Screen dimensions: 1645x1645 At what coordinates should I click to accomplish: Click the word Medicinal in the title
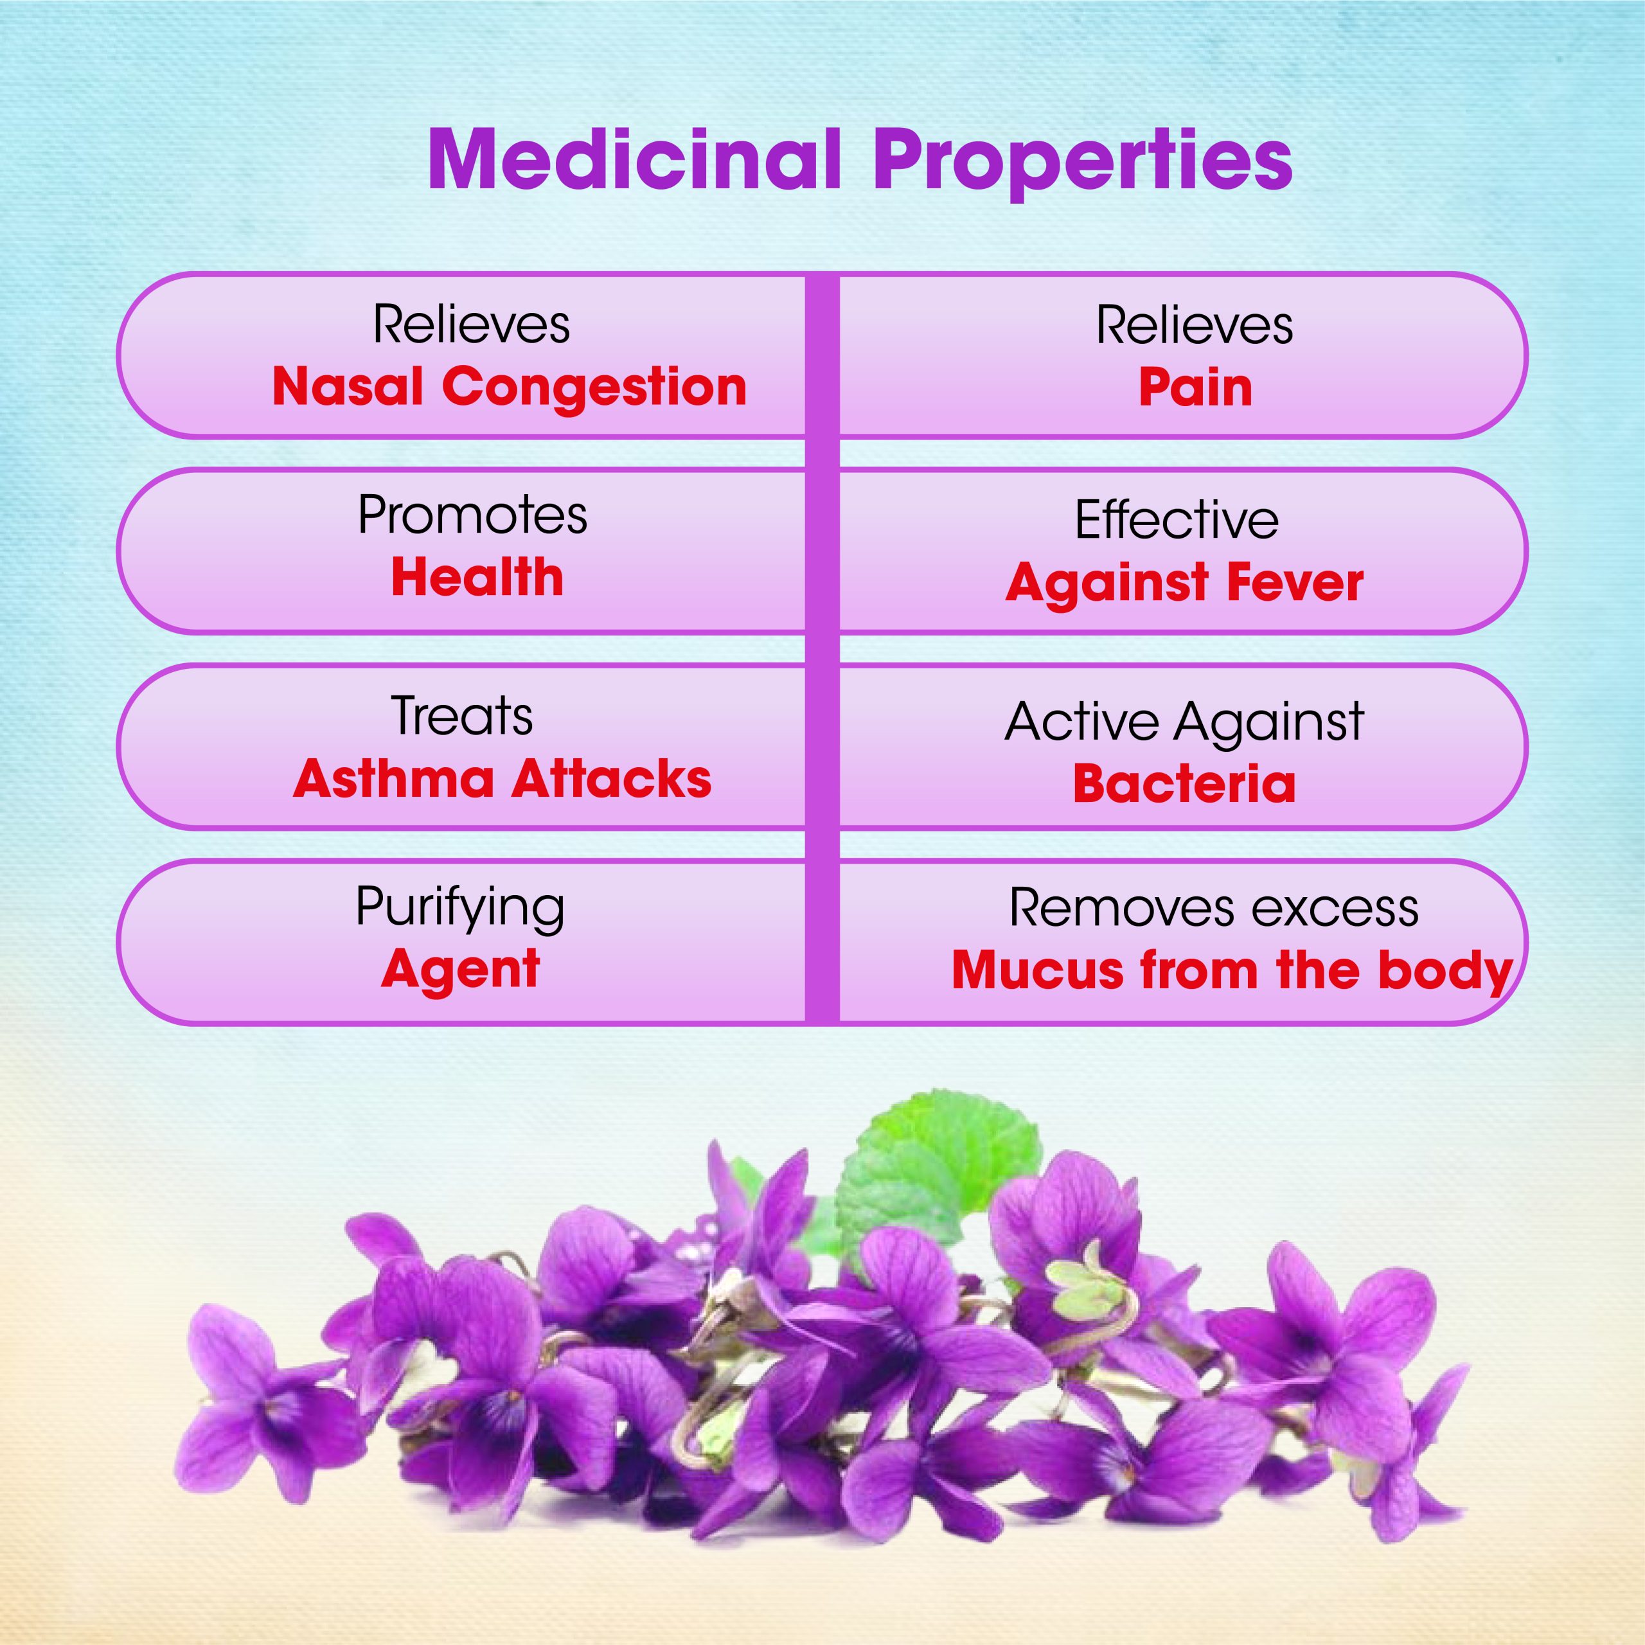click(635, 159)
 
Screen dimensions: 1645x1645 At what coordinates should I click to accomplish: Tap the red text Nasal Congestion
click(509, 387)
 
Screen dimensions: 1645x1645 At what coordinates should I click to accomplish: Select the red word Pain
click(1195, 388)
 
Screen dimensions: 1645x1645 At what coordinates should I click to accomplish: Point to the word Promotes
click(472, 515)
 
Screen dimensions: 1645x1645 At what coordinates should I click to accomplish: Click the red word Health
click(477, 577)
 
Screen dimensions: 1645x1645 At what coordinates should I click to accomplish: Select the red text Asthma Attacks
click(502, 779)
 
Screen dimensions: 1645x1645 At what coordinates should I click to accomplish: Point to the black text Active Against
click(1184, 723)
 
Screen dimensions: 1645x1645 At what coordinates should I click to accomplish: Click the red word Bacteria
click(1184, 784)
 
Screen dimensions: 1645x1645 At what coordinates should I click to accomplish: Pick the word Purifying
click(460, 909)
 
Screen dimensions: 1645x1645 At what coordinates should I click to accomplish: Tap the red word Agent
click(460, 970)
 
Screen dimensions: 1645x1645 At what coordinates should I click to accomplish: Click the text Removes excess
click(1213, 908)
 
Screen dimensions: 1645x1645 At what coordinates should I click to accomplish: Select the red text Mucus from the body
click(1232, 971)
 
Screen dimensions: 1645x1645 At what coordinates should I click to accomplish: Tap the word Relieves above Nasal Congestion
click(471, 325)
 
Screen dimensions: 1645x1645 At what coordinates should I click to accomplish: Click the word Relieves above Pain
click(1194, 325)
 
